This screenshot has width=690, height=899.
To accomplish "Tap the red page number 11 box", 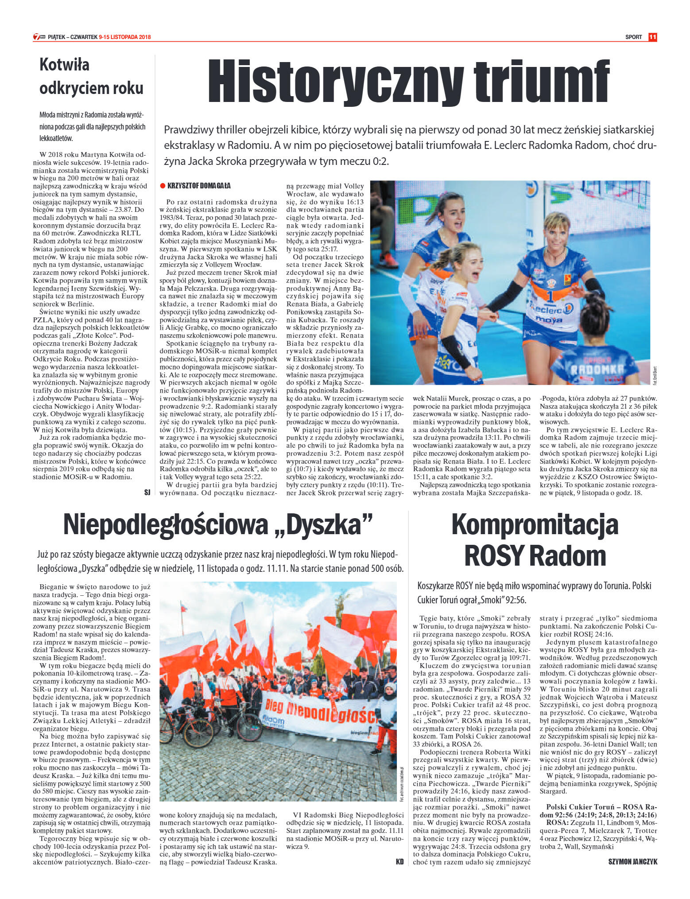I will [652, 37].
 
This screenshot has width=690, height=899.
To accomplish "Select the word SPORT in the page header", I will [633, 37].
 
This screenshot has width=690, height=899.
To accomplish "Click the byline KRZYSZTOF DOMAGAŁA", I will [199, 186].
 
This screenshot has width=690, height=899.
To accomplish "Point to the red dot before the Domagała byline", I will [163, 186].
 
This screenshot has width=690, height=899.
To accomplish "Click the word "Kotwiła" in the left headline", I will [64, 65].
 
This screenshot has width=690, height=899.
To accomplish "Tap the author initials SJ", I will [147, 492].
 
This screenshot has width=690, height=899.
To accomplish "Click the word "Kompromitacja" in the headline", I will [535, 524].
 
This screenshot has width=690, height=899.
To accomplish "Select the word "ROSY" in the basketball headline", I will [494, 555].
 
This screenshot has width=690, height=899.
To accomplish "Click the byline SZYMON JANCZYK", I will [633, 862].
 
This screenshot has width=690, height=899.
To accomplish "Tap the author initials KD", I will [399, 862].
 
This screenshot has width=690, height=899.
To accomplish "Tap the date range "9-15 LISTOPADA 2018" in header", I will [125, 37].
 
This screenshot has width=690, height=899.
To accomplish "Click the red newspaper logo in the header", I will [39, 37].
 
